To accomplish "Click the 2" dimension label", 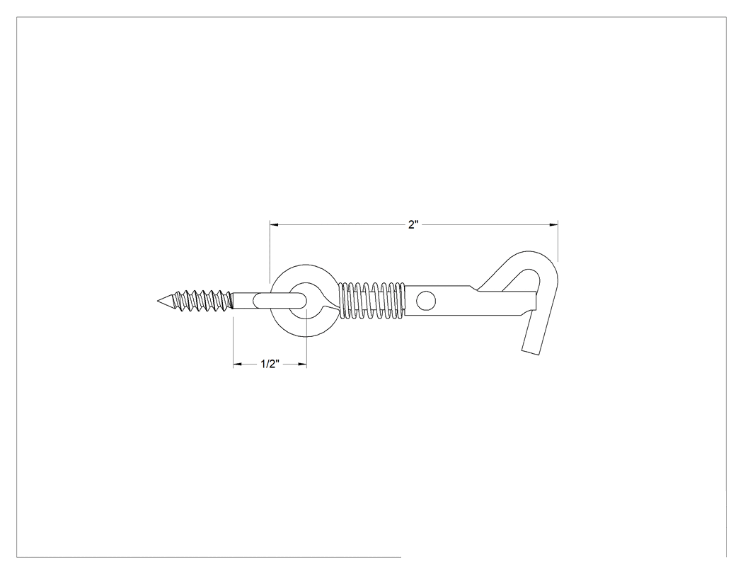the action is [x=414, y=224].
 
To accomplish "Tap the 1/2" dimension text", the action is [x=270, y=364].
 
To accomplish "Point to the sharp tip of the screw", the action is [x=159, y=301].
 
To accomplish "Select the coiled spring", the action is [x=373, y=301].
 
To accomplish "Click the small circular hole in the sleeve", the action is [x=426, y=301].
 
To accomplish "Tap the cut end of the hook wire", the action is [x=531, y=352].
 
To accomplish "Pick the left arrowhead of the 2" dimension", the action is [x=275, y=224].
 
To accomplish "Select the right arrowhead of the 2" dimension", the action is [x=553, y=224].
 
